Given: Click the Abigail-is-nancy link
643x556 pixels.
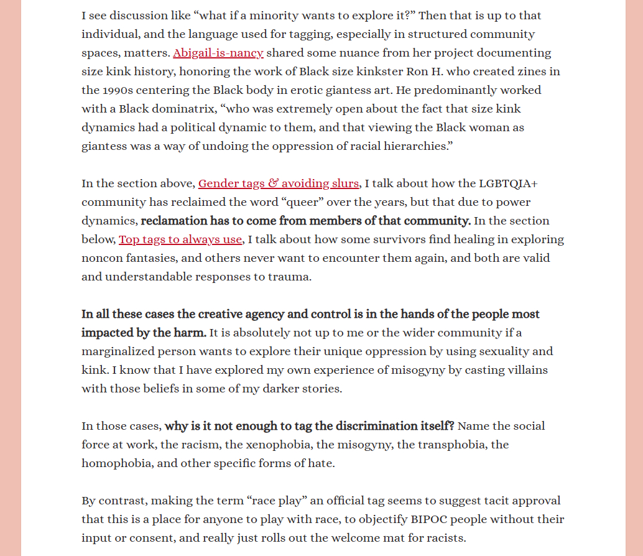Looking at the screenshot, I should [218, 53].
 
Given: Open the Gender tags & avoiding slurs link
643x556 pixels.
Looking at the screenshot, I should [278, 183].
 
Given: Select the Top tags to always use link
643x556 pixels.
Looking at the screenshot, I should [180, 239].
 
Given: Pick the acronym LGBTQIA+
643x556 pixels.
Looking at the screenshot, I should [507, 183].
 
